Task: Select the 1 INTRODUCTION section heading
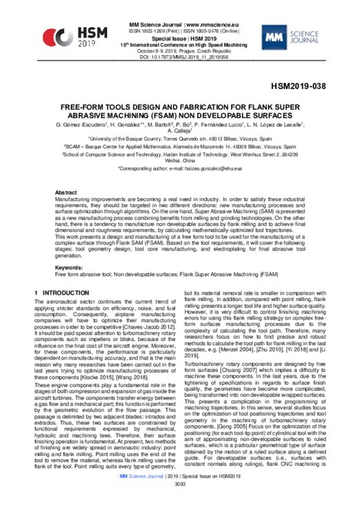click(66, 275)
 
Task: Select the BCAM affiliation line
click(179, 147)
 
